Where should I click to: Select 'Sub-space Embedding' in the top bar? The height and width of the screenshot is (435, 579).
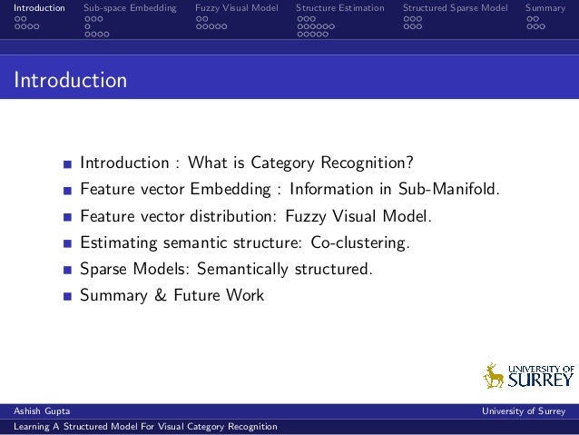130,8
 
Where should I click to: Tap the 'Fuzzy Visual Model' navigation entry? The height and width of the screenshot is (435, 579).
237,8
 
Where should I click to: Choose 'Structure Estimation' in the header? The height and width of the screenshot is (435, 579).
340,8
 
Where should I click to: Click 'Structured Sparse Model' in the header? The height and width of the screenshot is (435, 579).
456,8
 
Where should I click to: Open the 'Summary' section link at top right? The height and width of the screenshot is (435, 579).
546,8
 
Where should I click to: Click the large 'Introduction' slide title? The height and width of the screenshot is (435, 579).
70,81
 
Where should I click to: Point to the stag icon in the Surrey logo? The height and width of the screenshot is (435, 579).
494,375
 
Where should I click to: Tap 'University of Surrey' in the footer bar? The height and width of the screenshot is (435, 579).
525,411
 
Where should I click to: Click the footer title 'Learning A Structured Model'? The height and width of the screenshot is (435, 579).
140,427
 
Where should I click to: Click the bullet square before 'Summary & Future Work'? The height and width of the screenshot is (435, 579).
68,297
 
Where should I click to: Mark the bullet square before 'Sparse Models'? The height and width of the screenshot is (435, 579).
68,271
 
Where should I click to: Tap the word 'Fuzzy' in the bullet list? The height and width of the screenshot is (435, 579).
306,216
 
